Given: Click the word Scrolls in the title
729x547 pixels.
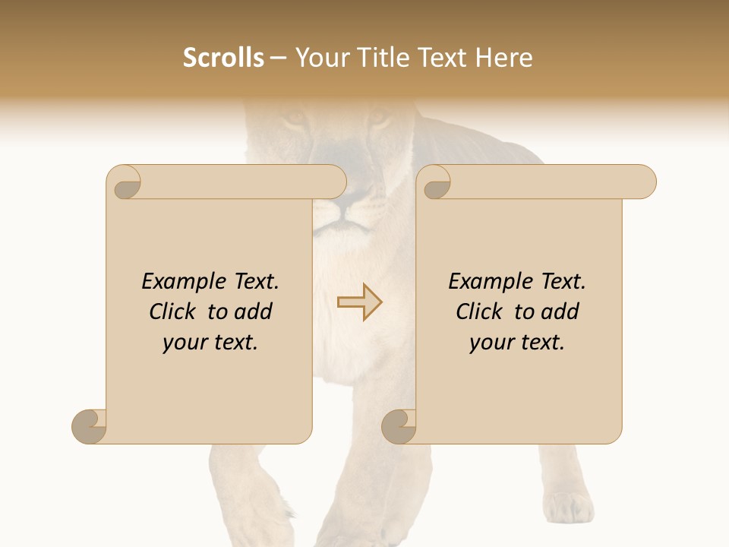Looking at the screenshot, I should click(223, 58).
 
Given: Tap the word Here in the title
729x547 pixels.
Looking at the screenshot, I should click(503, 58).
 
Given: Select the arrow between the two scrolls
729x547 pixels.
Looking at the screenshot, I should click(360, 302).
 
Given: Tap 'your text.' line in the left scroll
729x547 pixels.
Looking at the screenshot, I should click(210, 343).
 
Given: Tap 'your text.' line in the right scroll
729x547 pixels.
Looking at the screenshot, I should click(517, 343).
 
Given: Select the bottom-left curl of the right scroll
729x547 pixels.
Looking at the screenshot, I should click(399, 425).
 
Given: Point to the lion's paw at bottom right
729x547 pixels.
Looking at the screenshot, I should click(568, 505).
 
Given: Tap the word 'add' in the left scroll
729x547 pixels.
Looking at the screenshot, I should click(253, 311).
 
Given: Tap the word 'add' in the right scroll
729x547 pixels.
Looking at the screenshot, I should click(560, 311).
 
